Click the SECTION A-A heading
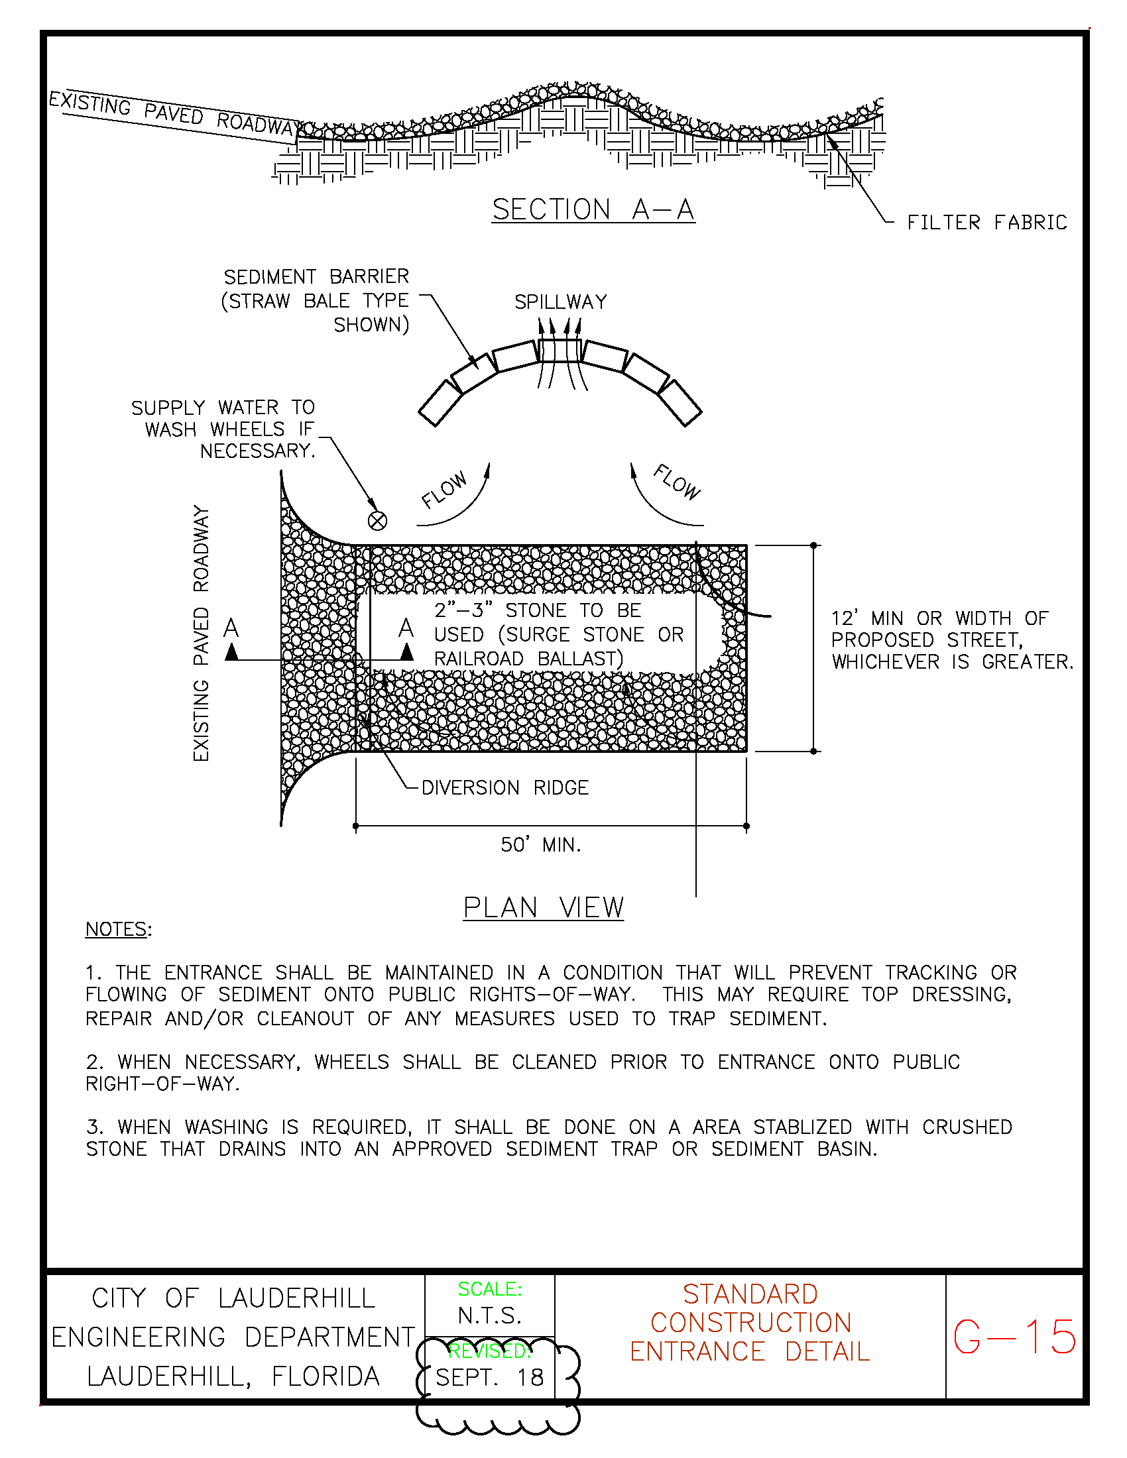(x=593, y=209)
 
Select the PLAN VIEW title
(x=544, y=908)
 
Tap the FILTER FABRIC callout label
(x=986, y=222)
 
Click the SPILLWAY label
(x=560, y=302)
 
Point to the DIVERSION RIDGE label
(x=504, y=788)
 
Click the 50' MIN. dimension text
(x=541, y=845)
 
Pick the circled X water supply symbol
(x=377, y=521)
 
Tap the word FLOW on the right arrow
(x=677, y=482)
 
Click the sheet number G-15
(x=1014, y=1337)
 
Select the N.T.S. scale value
(x=489, y=1316)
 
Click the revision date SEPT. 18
(x=489, y=1377)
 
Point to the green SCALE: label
(x=489, y=1289)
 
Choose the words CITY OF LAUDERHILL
(x=233, y=1298)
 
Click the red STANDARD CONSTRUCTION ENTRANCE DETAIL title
(x=750, y=1323)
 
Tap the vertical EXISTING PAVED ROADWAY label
(x=201, y=632)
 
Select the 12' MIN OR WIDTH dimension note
(x=951, y=640)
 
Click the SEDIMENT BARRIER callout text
(x=316, y=300)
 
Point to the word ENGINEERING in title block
(x=138, y=1337)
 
